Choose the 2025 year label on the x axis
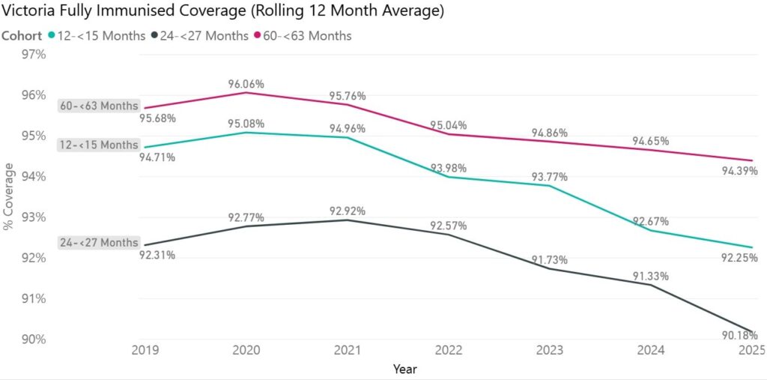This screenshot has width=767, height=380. click(x=751, y=350)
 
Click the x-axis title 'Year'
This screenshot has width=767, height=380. click(x=404, y=369)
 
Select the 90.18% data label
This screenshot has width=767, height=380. click(x=740, y=335)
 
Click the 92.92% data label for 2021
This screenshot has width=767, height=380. click(x=348, y=211)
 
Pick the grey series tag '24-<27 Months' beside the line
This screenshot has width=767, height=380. click(x=99, y=243)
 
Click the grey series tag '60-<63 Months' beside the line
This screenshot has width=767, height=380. click(x=99, y=106)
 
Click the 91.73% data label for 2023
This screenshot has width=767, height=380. click(x=550, y=259)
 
